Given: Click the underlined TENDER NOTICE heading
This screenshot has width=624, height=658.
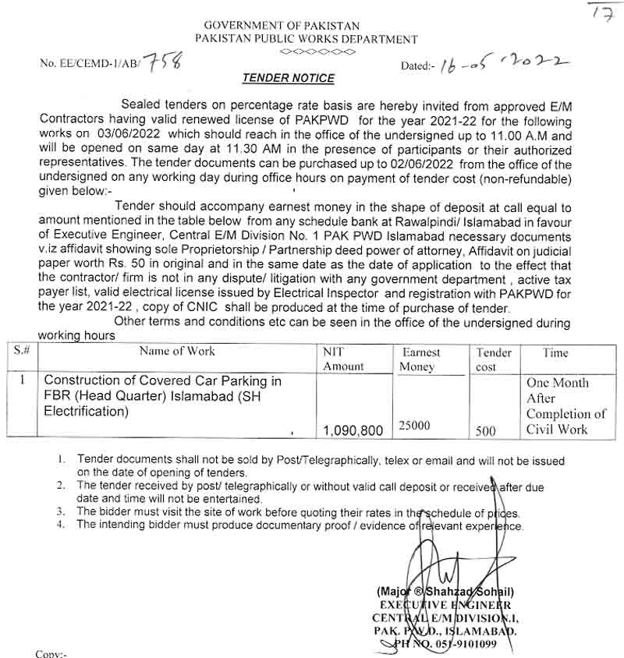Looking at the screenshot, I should [x=288, y=78].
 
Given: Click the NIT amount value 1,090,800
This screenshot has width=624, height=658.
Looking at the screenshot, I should [x=352, y=430].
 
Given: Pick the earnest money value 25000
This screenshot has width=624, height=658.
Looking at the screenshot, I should [x=413, y=425].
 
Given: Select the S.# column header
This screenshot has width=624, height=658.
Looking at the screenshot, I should [x=21, y=352].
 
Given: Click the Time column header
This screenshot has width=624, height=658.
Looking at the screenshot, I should [x=555, y=353].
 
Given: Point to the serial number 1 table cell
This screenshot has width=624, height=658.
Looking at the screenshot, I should [x=23, y=380].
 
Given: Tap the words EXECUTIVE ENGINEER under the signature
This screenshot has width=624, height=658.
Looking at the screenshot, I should [x=445, y=604].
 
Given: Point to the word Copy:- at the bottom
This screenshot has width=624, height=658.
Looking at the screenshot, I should [x=51, y=653].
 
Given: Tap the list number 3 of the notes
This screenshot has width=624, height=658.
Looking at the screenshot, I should [x=61, y=512].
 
